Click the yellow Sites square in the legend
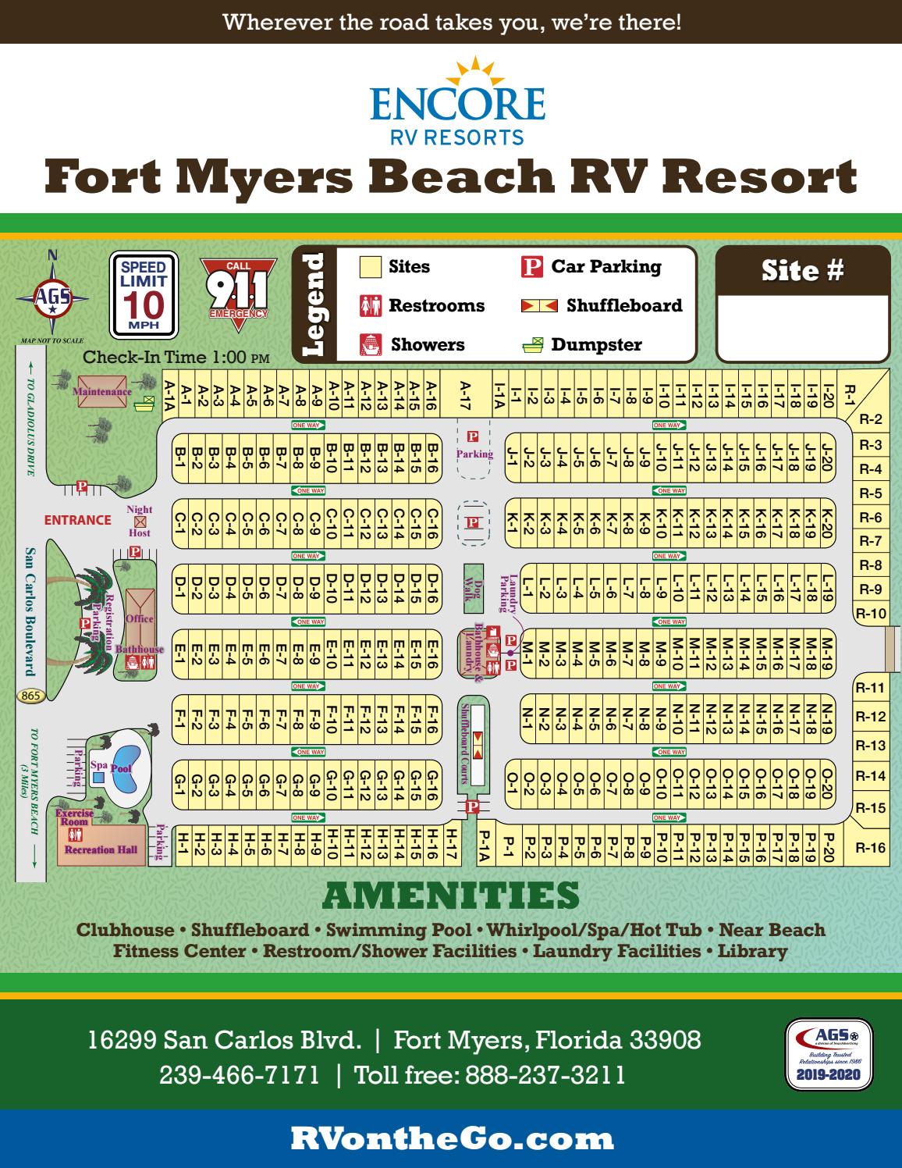pyautogui.click(x=370, y=267)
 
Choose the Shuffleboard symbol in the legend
pyautogui.click(x=540, y=305)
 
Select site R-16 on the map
pyautogui.click(x=871, y=847)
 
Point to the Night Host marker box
pyautogui.click(x=140, y=521)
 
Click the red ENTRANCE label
pyautogui.click(x=77, y=520)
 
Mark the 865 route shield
pyautogui.click(x=32, y=696)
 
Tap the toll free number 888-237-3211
pyautogui.click(x=545, y=1075)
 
